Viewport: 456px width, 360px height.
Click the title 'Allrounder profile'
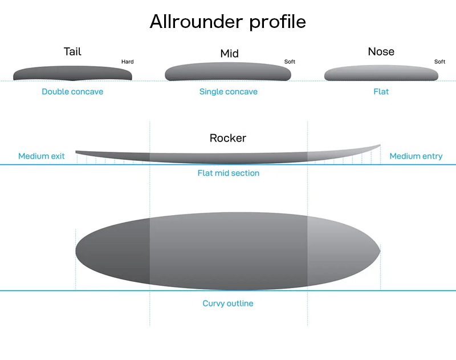click(x=227, y=22)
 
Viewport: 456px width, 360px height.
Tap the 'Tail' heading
click(x=72, y=51)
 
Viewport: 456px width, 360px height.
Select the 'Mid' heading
click(x=230, y=54)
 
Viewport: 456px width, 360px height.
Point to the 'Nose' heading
click(x=381, y=51)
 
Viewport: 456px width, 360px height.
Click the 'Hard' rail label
click(x=127, y=62)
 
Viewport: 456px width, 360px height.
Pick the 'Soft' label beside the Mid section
click(x=290, y=62)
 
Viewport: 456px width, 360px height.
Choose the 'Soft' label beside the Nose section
click(x=439, y=62)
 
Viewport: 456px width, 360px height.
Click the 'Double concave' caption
click(x=72, y=92)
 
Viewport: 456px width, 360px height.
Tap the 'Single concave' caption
click(x=229, y=92)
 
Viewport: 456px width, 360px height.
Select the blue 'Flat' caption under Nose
click(x=381, y=92)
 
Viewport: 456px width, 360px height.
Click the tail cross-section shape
click(x=73, y=74)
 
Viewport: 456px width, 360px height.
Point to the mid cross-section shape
click(x=228, y=71)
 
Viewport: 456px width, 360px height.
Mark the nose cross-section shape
click(x=381, y=73)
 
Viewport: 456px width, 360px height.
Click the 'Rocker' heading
click(x=227, y=138)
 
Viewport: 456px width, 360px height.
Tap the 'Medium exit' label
click(x=41, y=156)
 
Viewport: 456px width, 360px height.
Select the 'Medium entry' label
click(x=416, y=156)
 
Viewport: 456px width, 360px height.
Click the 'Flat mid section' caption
click(x=229, y=173)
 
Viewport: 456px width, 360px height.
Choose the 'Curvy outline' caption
click(x=227, y=304)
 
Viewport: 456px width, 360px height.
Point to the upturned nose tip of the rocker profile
click(x=380, y=145)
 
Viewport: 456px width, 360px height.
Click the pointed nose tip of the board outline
click(x=380, y=251)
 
